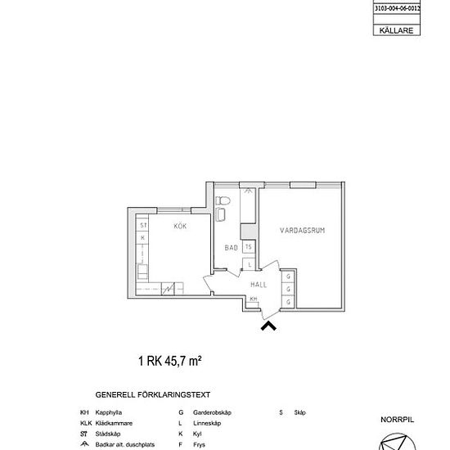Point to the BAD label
click(231, 247)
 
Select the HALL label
click(259, 283)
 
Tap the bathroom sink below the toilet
click(222, 215)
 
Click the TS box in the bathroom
click(249, 245)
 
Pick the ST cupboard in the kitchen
click(143, 223)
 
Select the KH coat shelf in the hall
click(254, 299)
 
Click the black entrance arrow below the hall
click(268, 326)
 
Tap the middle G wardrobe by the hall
click(289, 290)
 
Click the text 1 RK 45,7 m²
click(169, 359)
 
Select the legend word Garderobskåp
click(212, 413)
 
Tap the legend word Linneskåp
click(206, 423)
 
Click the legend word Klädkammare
click(114, 423)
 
